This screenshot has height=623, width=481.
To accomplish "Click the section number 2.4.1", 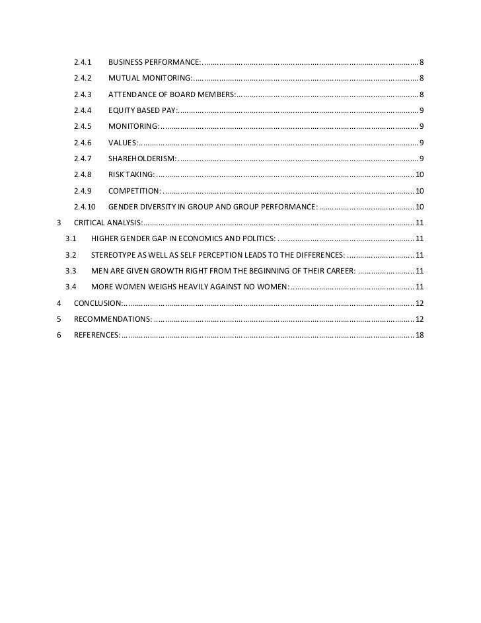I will [83, 62].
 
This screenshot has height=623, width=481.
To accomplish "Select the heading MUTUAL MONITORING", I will [149, 78].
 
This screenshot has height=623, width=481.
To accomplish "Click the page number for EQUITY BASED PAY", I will [422, 110].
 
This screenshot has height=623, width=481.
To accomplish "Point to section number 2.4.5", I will [83, 126].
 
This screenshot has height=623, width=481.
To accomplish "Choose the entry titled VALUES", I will [122, 142].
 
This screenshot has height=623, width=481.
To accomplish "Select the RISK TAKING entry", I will [131, 174].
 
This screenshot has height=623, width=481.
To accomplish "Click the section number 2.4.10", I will [85, 207].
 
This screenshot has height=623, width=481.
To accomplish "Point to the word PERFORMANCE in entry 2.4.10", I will [284, 207].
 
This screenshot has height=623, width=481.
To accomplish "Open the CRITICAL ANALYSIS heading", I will [107, 222].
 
